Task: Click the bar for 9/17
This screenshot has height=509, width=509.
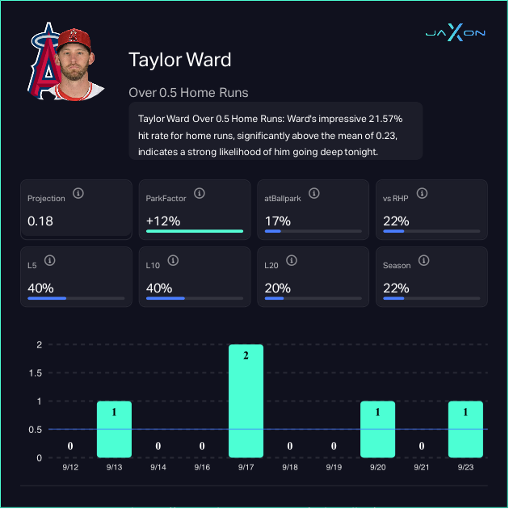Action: coord(246,401)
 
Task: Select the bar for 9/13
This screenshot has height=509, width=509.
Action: coord(114,429)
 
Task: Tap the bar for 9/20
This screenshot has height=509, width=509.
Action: coord(377,429)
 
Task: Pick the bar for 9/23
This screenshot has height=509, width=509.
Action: coord(465,429)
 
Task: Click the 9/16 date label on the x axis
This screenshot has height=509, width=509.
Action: coord(202,468)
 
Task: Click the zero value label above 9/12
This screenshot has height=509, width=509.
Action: coord(70,446)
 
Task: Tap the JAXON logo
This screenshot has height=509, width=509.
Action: coord(455,32)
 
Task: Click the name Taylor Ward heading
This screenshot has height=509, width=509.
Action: coord(179,60)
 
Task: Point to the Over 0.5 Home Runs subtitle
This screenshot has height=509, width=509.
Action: coord(188,92)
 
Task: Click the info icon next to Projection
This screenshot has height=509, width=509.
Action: coord(78,193)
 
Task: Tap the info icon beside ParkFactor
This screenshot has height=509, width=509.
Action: coord(199,193)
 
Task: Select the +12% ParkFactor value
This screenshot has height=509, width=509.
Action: coord(163,221)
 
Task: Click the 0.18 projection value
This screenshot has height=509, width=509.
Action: coord(40,221)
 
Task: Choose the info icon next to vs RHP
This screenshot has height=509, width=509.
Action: coord(423,193)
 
